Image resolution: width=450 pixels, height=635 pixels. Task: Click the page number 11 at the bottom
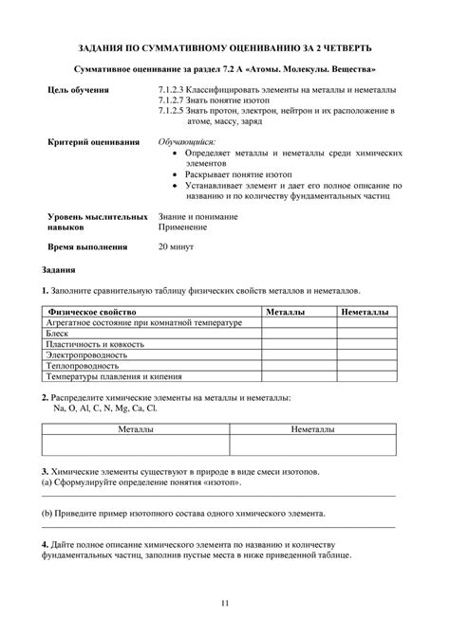coord(225,603)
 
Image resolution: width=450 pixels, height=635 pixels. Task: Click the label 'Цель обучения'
coord(78,89)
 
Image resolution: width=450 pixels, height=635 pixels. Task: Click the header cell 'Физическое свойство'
coord(92,312)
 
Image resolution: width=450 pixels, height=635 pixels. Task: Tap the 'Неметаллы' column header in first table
coord(364,312)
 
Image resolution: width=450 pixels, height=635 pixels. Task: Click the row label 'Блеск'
coord(56,333)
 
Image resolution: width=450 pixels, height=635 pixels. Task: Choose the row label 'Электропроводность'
coord(82,354)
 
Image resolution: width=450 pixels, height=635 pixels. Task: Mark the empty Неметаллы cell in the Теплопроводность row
coord(364,364)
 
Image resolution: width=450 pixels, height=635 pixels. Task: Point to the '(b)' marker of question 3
coord(48,513)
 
